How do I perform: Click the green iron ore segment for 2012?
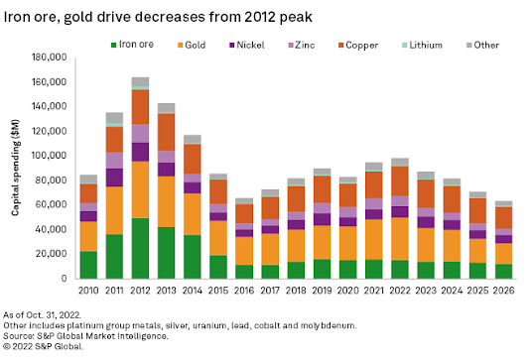[141, 248]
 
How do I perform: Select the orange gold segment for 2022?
[400, 239]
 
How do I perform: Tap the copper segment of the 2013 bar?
[167, 132]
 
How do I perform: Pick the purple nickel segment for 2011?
[114, 178]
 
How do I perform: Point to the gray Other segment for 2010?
[88, 179]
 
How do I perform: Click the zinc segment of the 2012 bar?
[141, 133]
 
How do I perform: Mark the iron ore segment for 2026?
[503, 271]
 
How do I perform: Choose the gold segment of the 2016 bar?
[244, 251]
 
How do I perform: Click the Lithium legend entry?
[422, 45]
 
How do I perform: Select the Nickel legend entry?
[247, 45]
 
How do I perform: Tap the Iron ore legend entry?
[132, 45]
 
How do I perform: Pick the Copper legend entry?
[358, 46]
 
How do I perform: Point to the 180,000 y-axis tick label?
[50, 58]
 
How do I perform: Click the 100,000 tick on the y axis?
[50, 156]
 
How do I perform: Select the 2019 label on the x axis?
[322, 291]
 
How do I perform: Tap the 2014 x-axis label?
[193, 291]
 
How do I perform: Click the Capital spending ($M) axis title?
[15, 168]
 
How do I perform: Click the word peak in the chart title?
[296, 18]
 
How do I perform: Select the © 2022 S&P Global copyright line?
[43, 346]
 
